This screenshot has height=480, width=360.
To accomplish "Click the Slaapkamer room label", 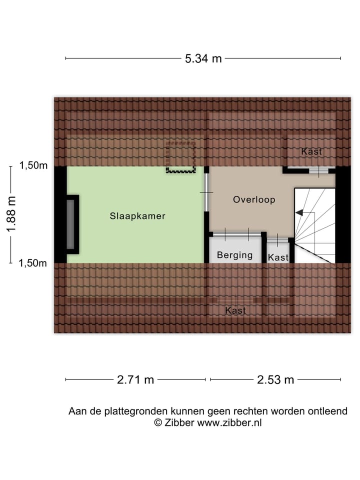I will point(137,216).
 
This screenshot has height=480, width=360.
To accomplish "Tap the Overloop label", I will point(254,199).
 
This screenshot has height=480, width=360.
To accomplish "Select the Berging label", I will point(234,255).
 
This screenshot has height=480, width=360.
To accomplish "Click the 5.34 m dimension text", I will point(203,58).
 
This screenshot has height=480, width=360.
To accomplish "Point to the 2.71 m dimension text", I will point(135,379).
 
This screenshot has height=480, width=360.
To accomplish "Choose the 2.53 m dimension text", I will point(275,379).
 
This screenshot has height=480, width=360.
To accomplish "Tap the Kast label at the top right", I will point(311,151).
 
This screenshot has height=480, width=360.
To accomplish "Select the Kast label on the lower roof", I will point(235,310).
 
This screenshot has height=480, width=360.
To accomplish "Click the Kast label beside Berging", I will point(278,257).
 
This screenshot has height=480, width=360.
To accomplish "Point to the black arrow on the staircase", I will point(299,212).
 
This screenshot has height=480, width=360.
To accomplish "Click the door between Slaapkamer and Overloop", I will point(206,192).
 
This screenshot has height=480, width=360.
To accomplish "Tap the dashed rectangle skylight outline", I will point(180,157).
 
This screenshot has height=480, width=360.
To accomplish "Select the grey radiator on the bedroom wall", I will point(71,224).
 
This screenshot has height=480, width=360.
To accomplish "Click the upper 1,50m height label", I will point(33,166).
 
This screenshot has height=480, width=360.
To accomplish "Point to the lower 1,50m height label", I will point(33,263).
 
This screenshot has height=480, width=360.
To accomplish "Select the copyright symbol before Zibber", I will point(157,422).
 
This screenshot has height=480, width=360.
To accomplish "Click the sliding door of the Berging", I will point(236,233).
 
